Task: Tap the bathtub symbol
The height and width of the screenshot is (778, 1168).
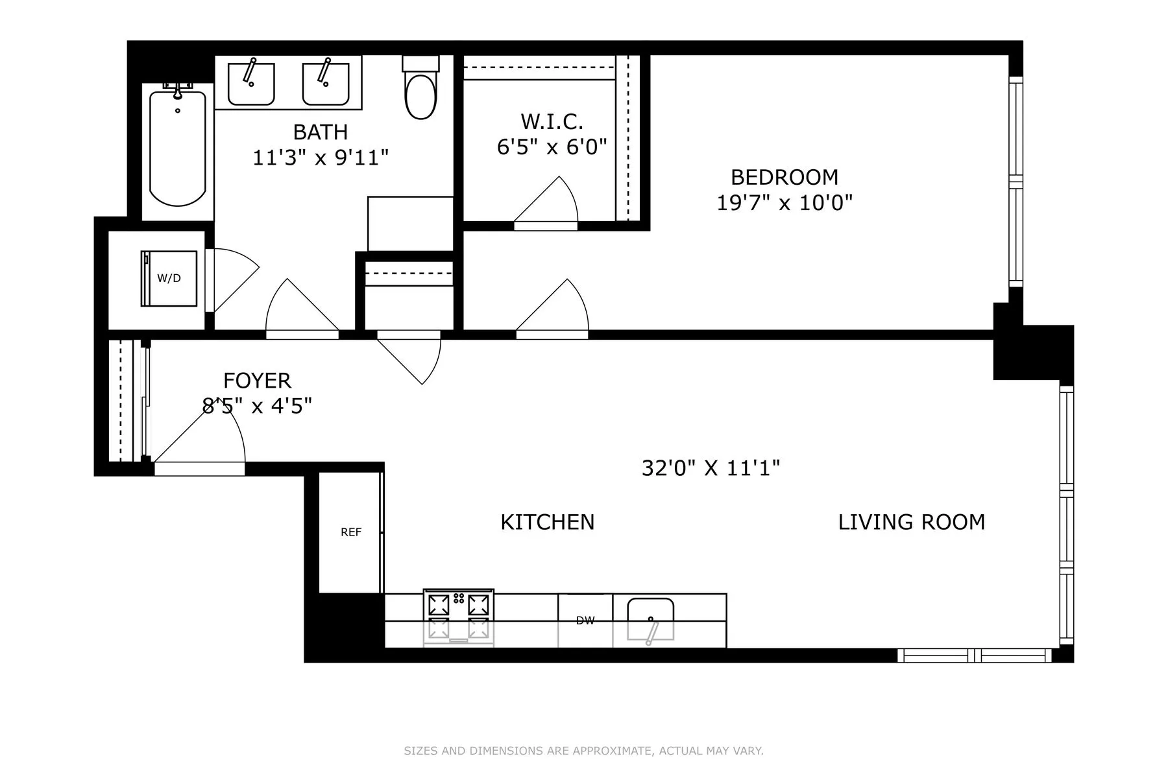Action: point(177,148)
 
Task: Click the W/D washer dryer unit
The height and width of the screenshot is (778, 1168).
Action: point(169,278)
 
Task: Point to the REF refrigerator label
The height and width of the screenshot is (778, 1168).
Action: point(350,532)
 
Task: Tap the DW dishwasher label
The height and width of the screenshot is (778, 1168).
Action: point(585,620)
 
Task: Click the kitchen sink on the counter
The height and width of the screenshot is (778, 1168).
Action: point(650,619)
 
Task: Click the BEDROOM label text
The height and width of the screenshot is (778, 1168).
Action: point(784,177)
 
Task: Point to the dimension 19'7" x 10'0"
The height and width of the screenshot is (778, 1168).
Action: point(784,203)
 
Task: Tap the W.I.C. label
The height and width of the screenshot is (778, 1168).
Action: point(552,121)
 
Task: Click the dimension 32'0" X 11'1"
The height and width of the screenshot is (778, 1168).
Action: point(711,467)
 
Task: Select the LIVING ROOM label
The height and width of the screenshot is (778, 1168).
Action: point(911,522)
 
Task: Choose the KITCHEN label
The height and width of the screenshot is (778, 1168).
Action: point(547,522)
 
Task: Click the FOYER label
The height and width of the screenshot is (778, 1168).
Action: point(257,380)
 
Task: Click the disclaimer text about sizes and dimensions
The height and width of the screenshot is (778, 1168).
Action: point(583,751)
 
